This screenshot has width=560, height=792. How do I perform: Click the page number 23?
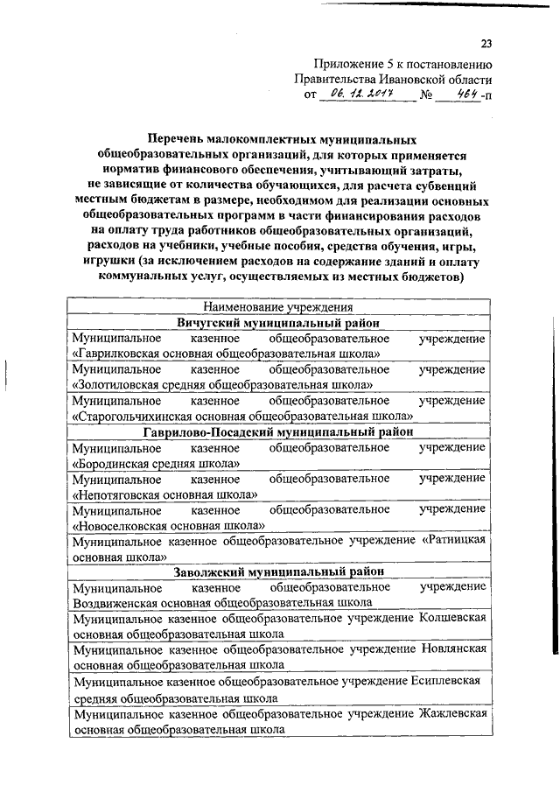tap(487, 46)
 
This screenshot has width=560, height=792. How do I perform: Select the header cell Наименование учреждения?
tap(277, 307)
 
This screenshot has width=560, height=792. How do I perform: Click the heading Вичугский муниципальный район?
tap(277, 323)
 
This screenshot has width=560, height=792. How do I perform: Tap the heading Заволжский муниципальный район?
tap(277, 571)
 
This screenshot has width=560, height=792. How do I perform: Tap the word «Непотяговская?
tap(119, 494)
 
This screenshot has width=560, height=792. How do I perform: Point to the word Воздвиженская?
tap(117, 602)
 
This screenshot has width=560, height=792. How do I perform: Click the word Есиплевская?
tap(448, 680)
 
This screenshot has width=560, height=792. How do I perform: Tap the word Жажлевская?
tap(452, 712)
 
